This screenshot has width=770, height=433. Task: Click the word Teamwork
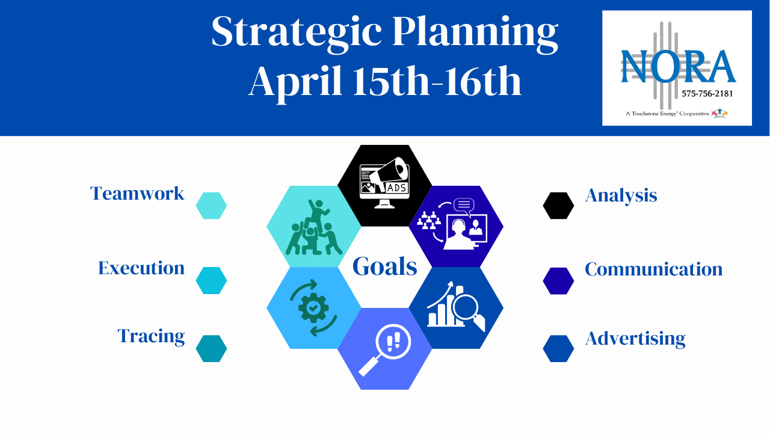(137, 194)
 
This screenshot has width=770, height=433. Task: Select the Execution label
(141, 268)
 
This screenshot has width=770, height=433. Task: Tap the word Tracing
(151, 336)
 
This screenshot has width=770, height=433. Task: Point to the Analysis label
(621, 195)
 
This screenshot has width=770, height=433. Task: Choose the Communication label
(653, 269)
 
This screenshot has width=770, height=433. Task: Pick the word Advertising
(635, 339)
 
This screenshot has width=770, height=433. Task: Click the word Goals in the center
(384, 266)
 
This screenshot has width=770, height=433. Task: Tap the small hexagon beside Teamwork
(211, 206)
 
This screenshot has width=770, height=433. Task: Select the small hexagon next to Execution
(211, 281)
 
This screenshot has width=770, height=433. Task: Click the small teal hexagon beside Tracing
(211, 349)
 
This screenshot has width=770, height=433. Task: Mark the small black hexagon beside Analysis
(558, 206)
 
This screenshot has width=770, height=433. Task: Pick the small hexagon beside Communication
(558, 281)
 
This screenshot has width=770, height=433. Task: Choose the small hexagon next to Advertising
(558, 349)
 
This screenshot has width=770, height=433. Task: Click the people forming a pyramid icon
(313, 227)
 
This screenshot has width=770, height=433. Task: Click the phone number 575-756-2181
(707, 93)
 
